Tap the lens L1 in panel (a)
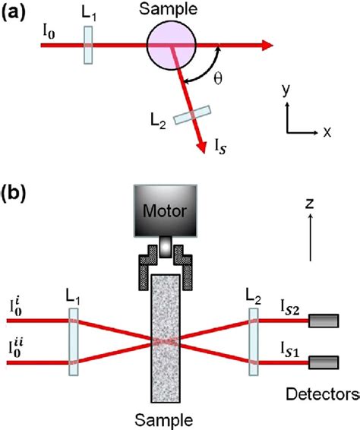coord(89,45)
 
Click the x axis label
coord(327,131)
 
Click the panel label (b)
coord(16,192)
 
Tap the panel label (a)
coord(16,12)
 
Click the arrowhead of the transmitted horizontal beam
coord(266,45)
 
